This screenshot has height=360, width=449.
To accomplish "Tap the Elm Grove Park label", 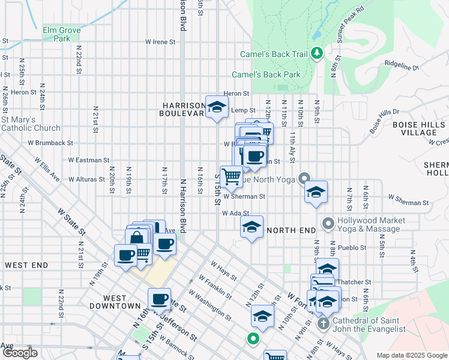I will pos(57,33).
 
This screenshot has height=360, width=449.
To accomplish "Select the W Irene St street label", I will pos(160,42).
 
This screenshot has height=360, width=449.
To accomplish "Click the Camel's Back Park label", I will pos(266,75).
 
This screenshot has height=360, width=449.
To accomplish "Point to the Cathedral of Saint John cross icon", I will pos(322,325).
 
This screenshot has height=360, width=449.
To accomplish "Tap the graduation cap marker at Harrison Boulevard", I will pos(217,108).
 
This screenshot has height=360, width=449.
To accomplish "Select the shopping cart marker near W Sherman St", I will pos(231,176).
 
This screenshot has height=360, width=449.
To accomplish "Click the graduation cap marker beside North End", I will pos(252,227).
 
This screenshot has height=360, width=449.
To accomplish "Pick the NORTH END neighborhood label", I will pos(291,230).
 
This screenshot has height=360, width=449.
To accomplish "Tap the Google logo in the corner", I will pos(19,353).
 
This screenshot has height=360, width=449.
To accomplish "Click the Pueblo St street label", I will pos(352,247).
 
